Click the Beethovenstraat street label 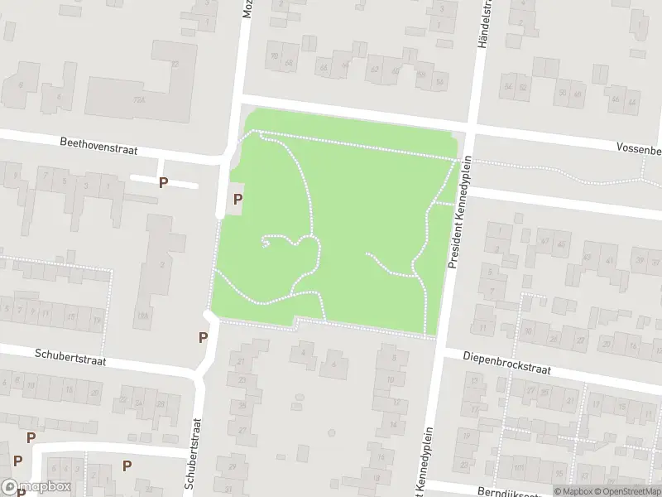(x=98, y=146)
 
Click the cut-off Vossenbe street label (x=638, y=149)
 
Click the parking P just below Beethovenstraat (x=164, y=182)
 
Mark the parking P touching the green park (x=237, y=199)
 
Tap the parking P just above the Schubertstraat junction (x=203, y=337)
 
